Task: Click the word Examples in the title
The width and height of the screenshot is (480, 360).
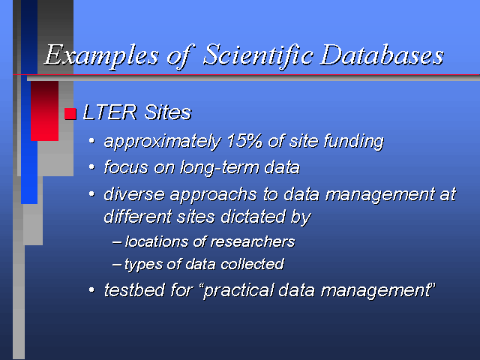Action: point(102,55)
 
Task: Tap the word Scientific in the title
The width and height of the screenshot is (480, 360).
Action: point(258,55)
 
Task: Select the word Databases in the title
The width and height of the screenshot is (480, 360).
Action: point(382,55)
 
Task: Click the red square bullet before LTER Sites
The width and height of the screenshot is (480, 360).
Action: point(70,113)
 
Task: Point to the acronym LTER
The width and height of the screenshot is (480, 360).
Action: point(110,112)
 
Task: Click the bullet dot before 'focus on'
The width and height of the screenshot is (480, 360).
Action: point(91,167)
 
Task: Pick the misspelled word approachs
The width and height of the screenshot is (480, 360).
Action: point(213,195)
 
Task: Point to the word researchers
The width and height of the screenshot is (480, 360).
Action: point(253,241)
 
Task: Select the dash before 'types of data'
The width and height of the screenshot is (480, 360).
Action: point(117,264)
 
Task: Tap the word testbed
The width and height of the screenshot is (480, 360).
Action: point(134,289)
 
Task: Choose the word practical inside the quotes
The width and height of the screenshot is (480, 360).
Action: point(238,290)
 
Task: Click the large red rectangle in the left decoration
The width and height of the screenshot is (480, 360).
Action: point(44,111)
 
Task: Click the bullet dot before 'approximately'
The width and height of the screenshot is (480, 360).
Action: point(91,141)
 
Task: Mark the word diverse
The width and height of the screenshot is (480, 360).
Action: point(134,194)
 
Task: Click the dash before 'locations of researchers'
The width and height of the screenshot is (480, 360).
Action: point(117,241)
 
